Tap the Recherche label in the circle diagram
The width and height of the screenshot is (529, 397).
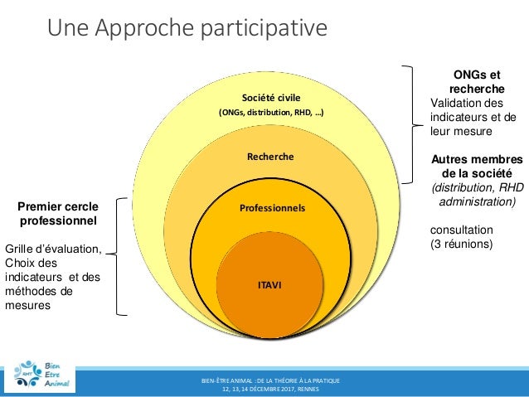270,156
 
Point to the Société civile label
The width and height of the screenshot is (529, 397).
270,96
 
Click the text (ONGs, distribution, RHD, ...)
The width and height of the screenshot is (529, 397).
270,113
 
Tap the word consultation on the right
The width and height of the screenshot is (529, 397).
461,230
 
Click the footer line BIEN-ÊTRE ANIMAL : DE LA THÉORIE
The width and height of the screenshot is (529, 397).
270,380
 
